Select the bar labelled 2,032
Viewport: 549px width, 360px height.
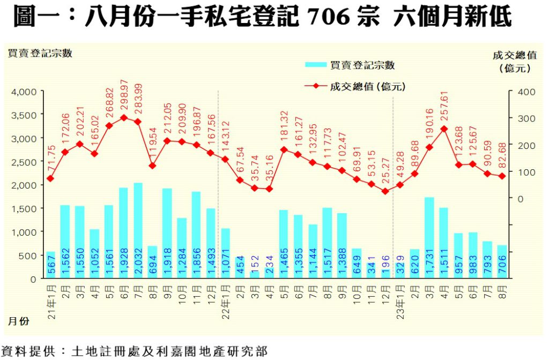[138, 230]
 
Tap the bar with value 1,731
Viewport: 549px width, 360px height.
[429, 238]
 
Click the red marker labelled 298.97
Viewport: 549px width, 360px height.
[123, 117]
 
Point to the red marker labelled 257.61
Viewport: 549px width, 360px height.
[443, 129]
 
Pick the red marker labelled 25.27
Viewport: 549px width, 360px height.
[385, 191]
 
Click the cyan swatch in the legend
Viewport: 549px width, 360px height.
[316, 65]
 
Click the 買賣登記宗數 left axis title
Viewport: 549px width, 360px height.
[40, 53]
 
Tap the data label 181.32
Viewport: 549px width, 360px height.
[284, 129]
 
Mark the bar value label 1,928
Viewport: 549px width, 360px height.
[123, 261]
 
